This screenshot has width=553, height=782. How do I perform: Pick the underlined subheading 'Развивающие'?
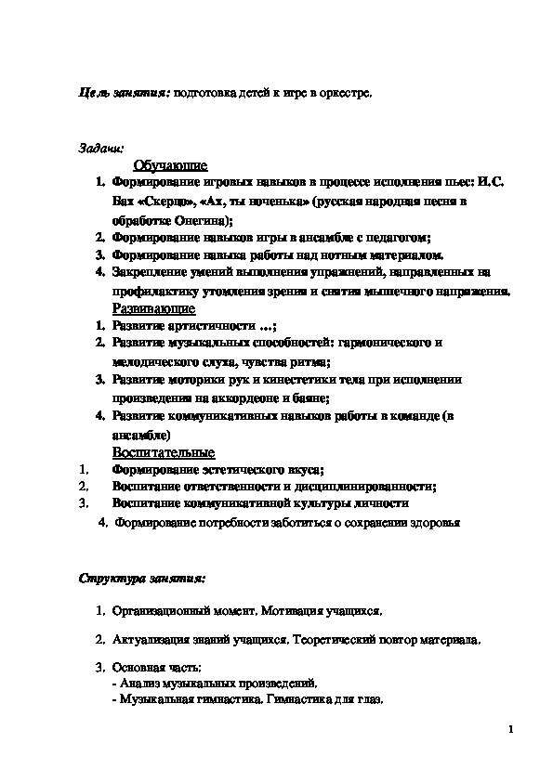[x=153, y=307]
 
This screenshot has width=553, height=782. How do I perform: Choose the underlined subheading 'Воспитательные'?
[x=163, y=452]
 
